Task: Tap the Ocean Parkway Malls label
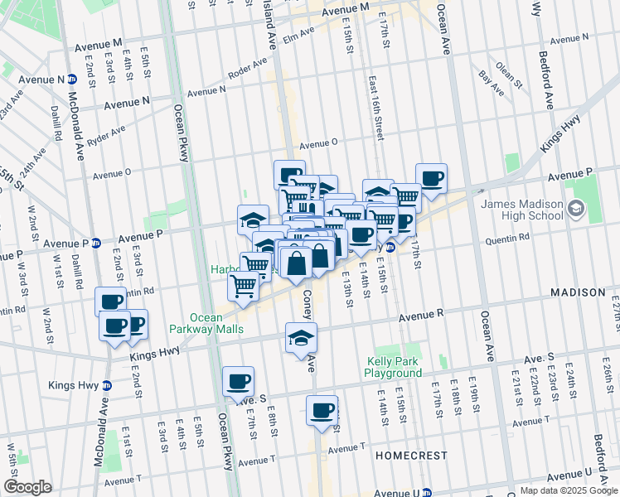[x=217, y=323]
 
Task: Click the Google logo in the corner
[x=27, y=487]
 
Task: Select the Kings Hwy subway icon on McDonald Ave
[x=106, y=385]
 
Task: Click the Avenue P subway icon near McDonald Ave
[x=95, y=244]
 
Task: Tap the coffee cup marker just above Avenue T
[x=322, y=410]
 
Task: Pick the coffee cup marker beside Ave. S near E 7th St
[x=238, y=382]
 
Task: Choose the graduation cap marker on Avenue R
[x=301, y=337]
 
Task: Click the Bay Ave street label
[x=492, y=76]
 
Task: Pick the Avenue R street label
[x=422, y=316]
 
